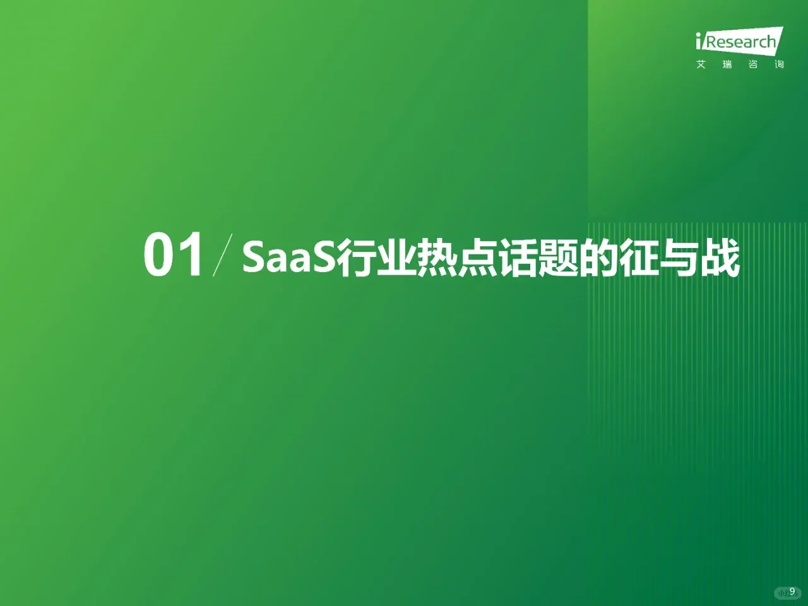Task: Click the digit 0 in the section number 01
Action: tap(160, 256)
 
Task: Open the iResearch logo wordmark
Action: tap(739, 42)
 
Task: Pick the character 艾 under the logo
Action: tap(701, 64)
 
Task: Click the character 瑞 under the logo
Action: tap(727, 64)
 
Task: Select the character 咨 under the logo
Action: tap(753, 64)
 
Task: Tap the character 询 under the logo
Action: tap(779, 64)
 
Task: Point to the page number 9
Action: tap(792, 591)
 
